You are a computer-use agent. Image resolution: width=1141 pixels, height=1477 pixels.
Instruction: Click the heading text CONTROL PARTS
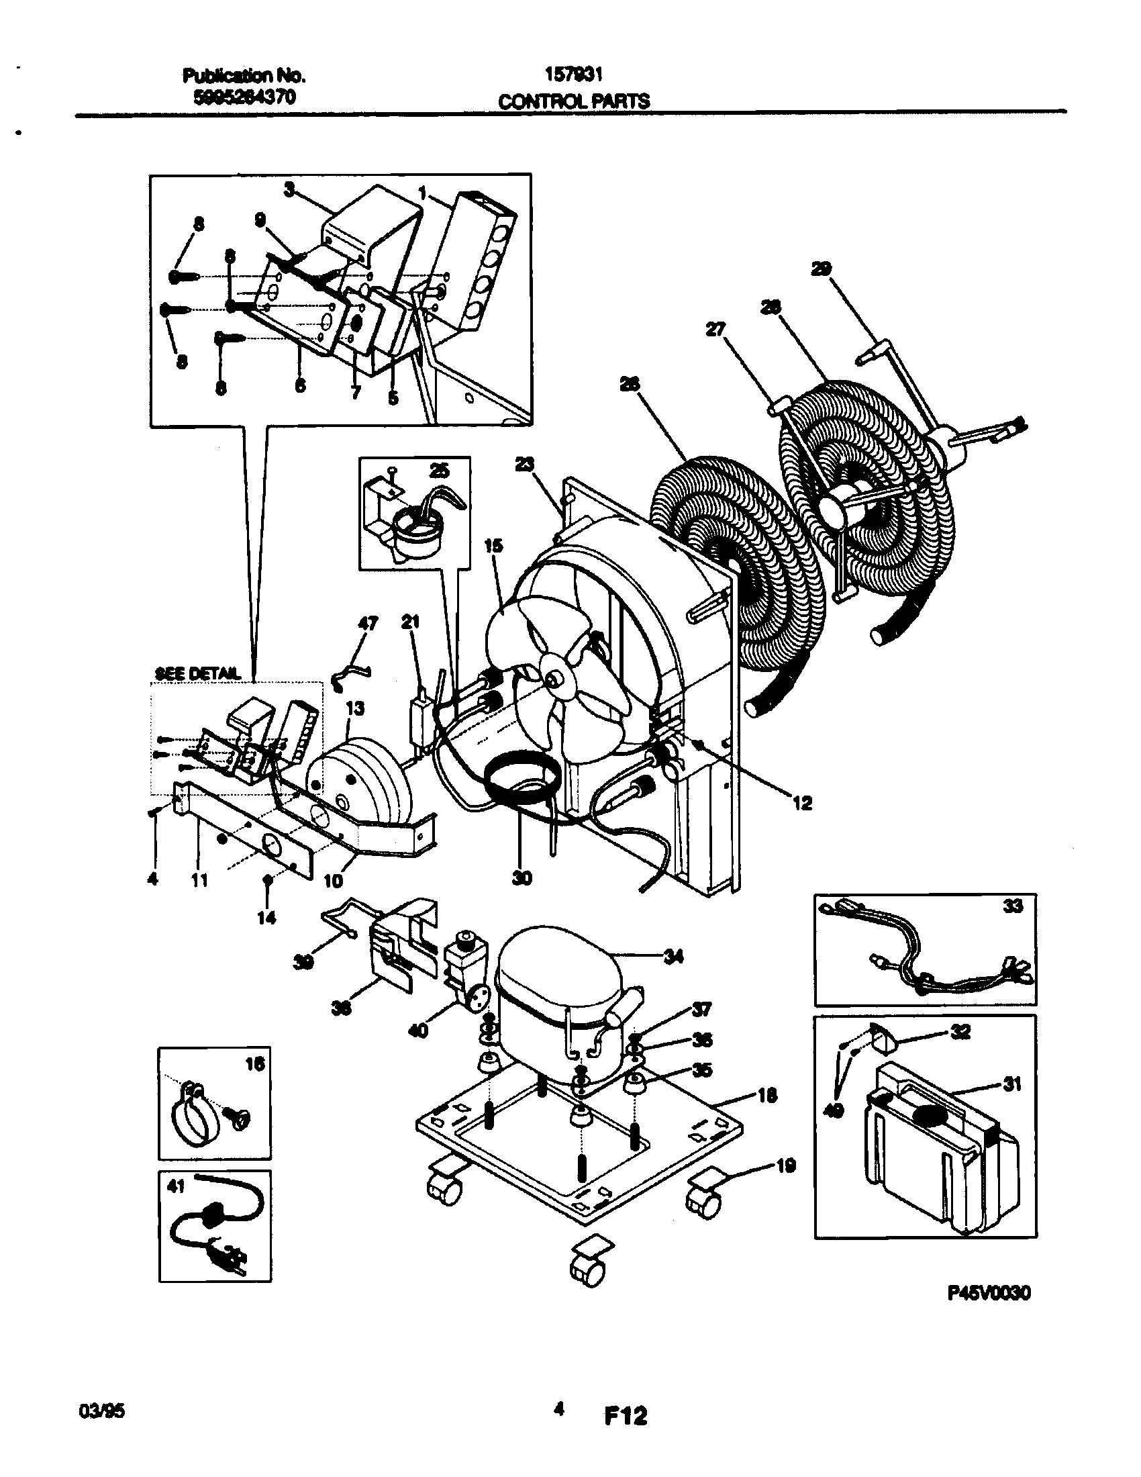pos(574,101)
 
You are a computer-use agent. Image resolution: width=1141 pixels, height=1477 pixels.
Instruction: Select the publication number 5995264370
pos(245,97)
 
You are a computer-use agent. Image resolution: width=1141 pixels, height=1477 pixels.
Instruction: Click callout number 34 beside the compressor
pos(673,956)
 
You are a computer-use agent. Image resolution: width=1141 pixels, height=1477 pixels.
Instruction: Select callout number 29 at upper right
pos(822,269)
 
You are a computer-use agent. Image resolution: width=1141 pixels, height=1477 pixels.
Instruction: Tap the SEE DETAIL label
pos(197,673)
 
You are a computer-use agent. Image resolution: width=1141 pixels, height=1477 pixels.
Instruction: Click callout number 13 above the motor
pos(355,708)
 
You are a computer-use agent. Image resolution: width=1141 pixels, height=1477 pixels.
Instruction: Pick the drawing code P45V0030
pos(988,1293)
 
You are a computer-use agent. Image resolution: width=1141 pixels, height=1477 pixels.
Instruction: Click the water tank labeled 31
pos(940,1163)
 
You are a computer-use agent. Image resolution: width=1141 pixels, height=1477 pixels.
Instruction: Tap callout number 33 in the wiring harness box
pos(1012,906)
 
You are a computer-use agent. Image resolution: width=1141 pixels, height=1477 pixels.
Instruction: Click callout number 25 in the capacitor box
pos(440,471)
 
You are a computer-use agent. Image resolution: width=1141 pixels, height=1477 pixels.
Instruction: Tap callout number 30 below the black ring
pos(522,878)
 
